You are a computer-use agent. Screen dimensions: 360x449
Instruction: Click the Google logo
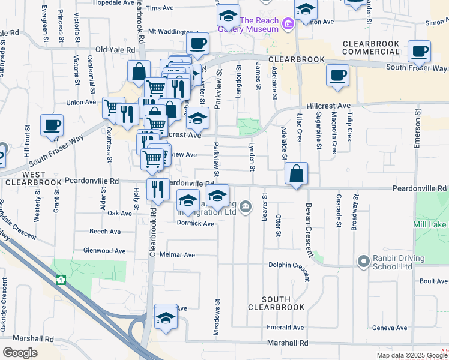click(20, 353)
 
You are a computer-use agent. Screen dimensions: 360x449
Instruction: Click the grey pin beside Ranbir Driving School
click(363, 261)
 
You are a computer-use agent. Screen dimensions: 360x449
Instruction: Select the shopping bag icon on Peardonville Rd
click(297, 175)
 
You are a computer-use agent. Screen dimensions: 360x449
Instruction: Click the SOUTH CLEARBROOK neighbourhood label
click(276, 303)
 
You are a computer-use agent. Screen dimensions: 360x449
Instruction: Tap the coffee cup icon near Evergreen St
click(52, 126)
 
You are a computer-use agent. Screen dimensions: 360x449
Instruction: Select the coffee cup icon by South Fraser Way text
click(419, 52)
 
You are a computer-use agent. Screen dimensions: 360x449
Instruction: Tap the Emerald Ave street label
click(286, 328)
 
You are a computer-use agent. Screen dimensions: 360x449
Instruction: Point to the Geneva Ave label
click(390, 328)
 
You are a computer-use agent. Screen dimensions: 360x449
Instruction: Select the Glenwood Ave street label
click(105, 251)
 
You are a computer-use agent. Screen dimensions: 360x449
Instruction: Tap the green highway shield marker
click(60, 280)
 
